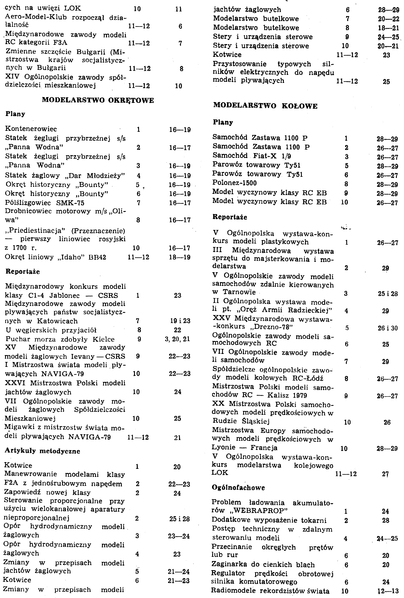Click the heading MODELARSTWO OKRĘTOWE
point(98,100)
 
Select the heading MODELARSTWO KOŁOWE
point(265,106)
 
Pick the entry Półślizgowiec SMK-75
point(45,203)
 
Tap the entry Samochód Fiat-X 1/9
point(252,156)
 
